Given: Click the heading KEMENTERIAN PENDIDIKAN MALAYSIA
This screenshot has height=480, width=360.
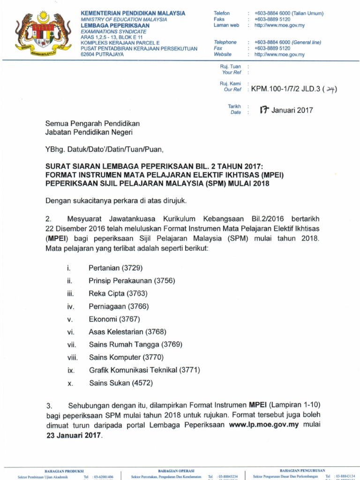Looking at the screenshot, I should coord(133,13).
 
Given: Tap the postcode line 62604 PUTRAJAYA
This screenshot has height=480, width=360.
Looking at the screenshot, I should coord(102,54).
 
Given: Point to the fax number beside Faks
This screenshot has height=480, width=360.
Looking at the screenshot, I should coord(272,19).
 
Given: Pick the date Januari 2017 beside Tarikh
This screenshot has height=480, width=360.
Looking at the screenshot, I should coord(286,111).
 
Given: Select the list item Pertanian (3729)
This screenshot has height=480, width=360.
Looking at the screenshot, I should coord(115,268).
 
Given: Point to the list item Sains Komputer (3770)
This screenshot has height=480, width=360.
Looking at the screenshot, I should coord(127,357).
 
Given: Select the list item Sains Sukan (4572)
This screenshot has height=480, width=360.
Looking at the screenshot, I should coord(121,383).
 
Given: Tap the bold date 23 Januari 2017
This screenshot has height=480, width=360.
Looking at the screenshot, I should coord(73,435).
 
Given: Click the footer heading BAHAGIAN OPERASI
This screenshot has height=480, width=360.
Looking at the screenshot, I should coord(176,470).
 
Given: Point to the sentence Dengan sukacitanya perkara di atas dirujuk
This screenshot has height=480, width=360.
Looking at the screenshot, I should coord(116,201).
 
